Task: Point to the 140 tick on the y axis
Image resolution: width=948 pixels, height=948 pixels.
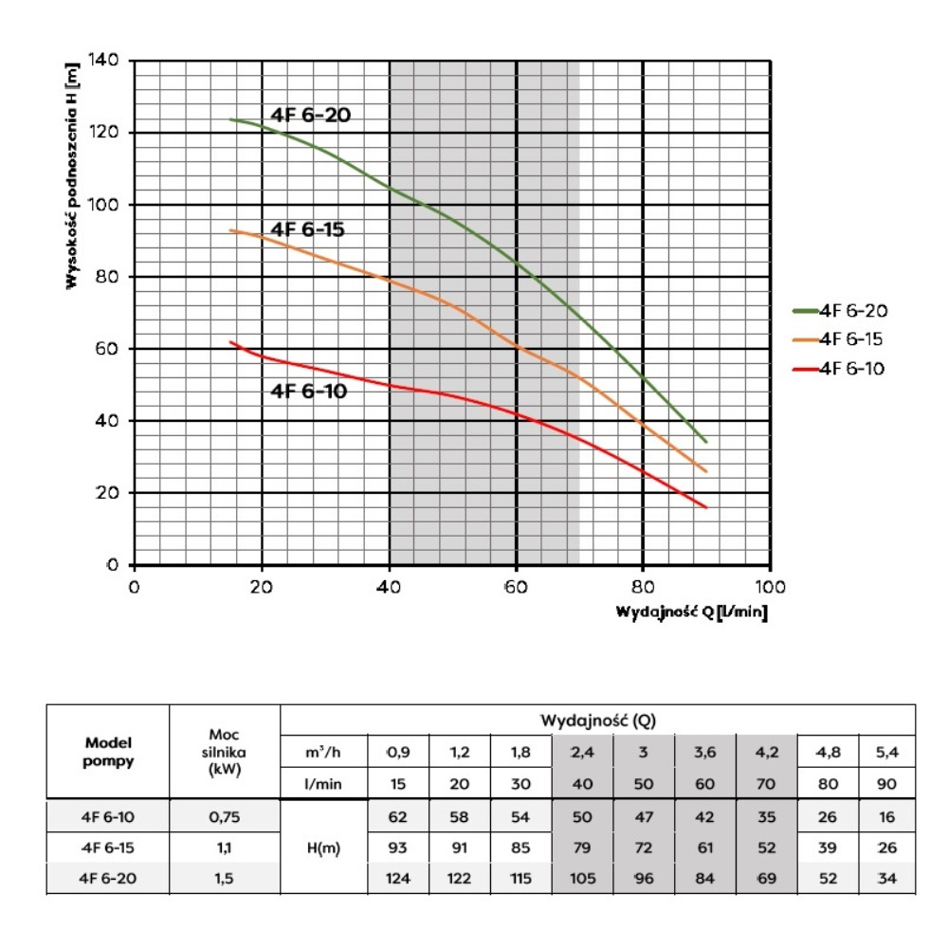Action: tap(101, 61)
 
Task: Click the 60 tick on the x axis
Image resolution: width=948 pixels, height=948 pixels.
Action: tap(517, 585)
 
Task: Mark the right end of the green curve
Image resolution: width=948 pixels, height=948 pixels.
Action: tap(706, 442)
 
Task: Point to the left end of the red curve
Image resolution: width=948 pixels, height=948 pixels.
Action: tap(230, 342)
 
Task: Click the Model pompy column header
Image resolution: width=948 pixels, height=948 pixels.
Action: tap(106, 752)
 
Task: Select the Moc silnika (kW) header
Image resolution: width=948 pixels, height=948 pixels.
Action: tap(225, 752)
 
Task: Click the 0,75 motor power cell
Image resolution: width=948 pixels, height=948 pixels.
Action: tap(225, 814)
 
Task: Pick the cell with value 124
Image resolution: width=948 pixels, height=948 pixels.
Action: tap(397, 880)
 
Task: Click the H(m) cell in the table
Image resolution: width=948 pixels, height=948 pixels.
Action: tap(324, 848)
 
